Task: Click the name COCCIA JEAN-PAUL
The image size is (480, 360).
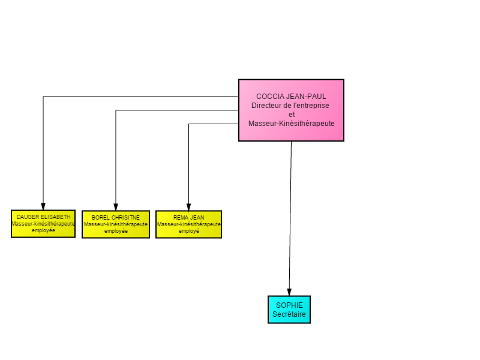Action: click(291, 97)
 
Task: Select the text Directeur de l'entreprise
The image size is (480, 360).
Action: click(290, 106)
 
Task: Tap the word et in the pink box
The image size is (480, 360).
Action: click(292, 115)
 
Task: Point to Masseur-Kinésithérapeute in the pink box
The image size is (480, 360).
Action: click(292, 124)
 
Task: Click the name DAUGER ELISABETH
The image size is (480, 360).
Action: click(43, 217)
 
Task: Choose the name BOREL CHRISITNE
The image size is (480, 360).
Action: click(116, 218)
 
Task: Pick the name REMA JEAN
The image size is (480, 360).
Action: click(188, 218)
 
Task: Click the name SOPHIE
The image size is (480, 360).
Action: click(289, 305)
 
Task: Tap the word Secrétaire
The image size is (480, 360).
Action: click(289, 314)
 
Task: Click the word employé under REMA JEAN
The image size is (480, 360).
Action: click(189, 231)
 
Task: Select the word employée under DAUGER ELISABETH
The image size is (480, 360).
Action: click(43, 230)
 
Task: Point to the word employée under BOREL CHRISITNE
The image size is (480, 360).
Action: click(116, 231)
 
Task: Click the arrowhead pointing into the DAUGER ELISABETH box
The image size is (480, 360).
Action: click(43, 206)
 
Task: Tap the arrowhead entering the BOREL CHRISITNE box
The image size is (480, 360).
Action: click(116, 207)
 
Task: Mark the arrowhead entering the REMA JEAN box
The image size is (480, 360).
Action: click(188, 207)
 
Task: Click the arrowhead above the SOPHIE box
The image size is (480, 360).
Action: click(289, 292)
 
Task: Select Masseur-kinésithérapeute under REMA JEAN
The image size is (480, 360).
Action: click(188, 224)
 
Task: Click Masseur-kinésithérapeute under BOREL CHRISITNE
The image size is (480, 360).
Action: click(116, 224)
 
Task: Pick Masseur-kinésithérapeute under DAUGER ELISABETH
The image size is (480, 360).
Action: click(43, 224)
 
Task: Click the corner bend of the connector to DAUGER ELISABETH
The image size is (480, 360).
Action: click(43, 97)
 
